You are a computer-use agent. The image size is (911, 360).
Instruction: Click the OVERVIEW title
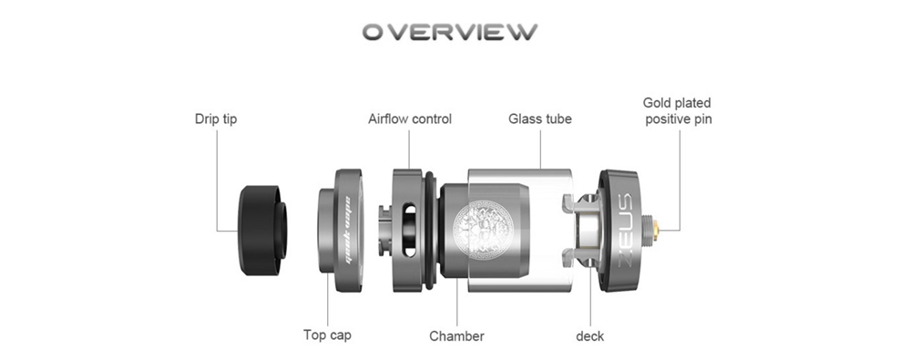[x=450, y=32]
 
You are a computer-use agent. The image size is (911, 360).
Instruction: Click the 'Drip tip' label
[x=216, y=119]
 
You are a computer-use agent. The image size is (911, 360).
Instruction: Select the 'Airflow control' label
[x=410, y=119]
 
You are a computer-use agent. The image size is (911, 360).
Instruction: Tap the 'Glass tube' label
[x=539, y=119]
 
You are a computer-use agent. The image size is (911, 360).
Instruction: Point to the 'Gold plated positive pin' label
[x=678, y=111]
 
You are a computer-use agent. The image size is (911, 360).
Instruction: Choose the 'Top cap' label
[x=327, y=335]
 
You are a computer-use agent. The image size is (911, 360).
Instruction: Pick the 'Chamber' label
[x=456, y=336]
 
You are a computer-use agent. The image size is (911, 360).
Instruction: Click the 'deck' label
[x=589, y=336]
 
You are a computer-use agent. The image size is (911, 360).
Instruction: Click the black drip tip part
[x=262, y=231]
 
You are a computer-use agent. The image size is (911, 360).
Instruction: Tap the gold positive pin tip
[x=657, y=231]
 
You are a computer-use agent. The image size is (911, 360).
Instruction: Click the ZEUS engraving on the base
[x=620, y=231]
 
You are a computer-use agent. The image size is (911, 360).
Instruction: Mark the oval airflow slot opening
[x=410, y=231]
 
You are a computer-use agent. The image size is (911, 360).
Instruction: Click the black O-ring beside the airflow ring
[x=430, y=230]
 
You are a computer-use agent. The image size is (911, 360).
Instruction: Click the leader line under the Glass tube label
[x=540, y=149]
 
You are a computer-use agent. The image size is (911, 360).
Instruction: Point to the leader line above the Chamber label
[x=456, y=302]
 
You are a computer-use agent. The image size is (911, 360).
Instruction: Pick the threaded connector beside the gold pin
[x=646, y=231]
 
